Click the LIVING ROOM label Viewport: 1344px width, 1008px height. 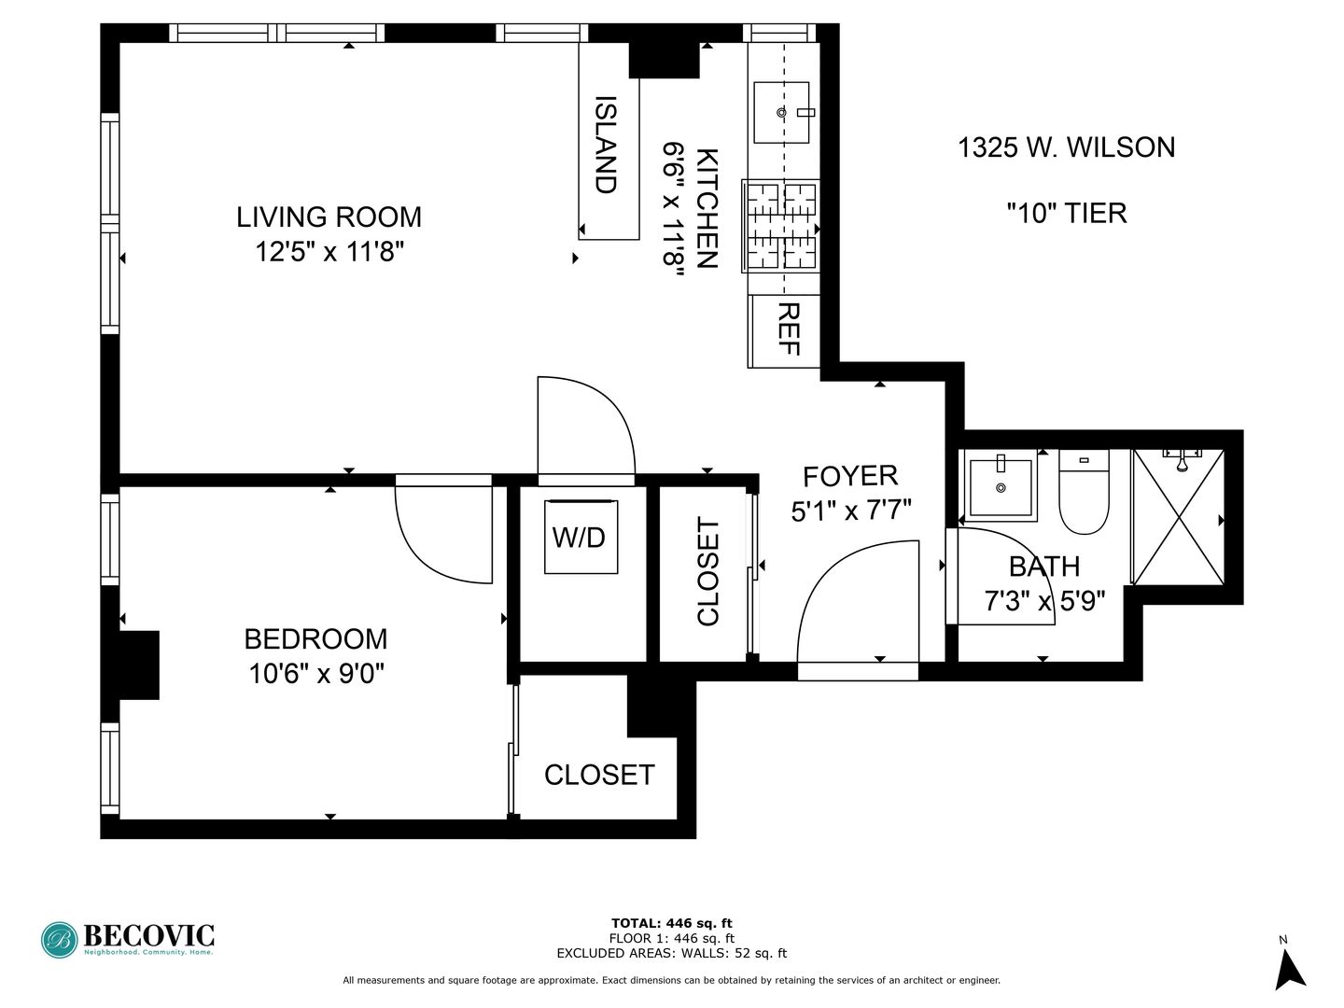(x=329, y=217)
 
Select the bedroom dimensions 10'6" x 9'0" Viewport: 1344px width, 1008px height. (x=316, y=673)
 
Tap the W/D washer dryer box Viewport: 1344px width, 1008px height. (x=581, y=537)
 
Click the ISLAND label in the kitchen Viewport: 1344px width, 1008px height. (x=607, y=145)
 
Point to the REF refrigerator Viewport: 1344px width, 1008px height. (x=787, y=329)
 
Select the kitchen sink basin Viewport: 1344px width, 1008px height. (x=781, y=112)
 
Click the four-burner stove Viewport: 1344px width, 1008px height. (x=781, y=226)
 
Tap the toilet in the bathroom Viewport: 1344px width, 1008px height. (x=1084, y=492)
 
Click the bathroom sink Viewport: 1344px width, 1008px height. (x=1001, y=486)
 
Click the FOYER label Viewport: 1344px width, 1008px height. (x=850, y=476)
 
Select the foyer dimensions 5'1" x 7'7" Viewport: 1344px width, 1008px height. (x=850, y=511)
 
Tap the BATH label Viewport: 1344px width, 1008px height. (x=1044, y=567)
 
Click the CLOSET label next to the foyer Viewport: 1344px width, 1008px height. (x=708, y=571)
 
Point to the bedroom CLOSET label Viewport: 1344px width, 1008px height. (x=599, y=775)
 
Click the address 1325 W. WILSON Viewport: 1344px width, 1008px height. (x=1066, y=147)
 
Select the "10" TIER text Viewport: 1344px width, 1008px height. (x=1066, y=213)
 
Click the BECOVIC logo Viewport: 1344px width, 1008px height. (x=128, y=939)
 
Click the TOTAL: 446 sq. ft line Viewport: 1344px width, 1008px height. (x=671, y=924)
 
